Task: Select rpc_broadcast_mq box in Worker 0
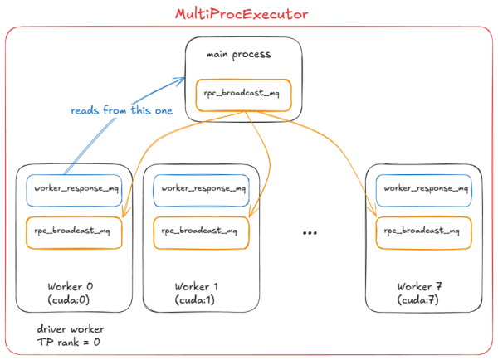[x=74, y=231]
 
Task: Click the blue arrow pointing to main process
[x=124, y=124]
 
